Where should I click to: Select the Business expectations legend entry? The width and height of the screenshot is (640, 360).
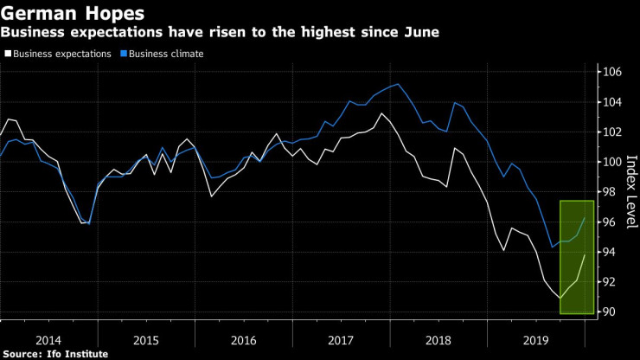(63, 54)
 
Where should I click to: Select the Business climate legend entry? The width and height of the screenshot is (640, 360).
(168, 54)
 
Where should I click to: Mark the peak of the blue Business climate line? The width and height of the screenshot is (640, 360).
(397, 84)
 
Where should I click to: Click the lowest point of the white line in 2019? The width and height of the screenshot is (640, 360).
(560, 298)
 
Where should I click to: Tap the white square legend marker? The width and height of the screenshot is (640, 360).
(8, 54)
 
